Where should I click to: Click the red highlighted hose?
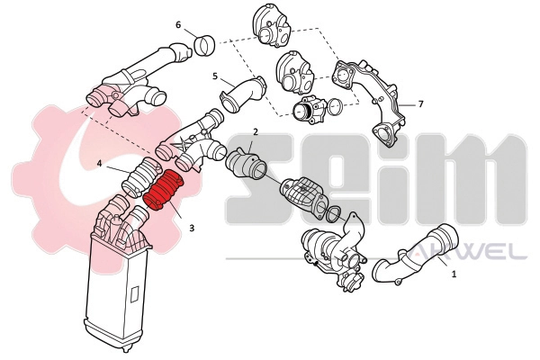coord(163,190)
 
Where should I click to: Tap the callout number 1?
coord(454,274)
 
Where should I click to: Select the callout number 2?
coord(256,131)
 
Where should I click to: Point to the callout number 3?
coord(192,228)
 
